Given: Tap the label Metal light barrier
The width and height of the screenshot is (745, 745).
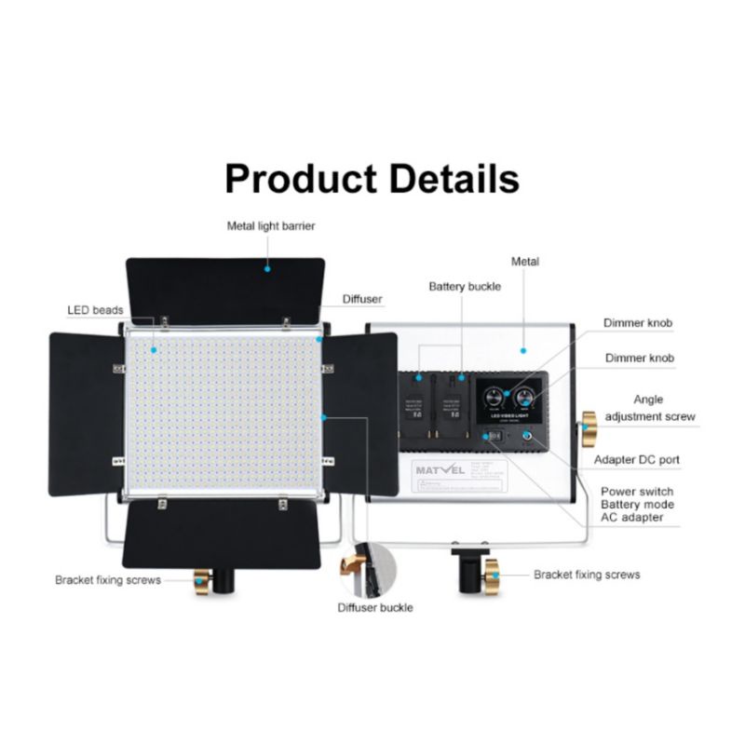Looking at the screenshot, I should pos(271,225).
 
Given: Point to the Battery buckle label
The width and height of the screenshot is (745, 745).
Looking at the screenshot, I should pos(465,287).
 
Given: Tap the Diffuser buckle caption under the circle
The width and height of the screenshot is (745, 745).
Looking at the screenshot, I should pos(374,608).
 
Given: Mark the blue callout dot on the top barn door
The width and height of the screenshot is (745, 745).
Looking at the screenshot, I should pos(267,267).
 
